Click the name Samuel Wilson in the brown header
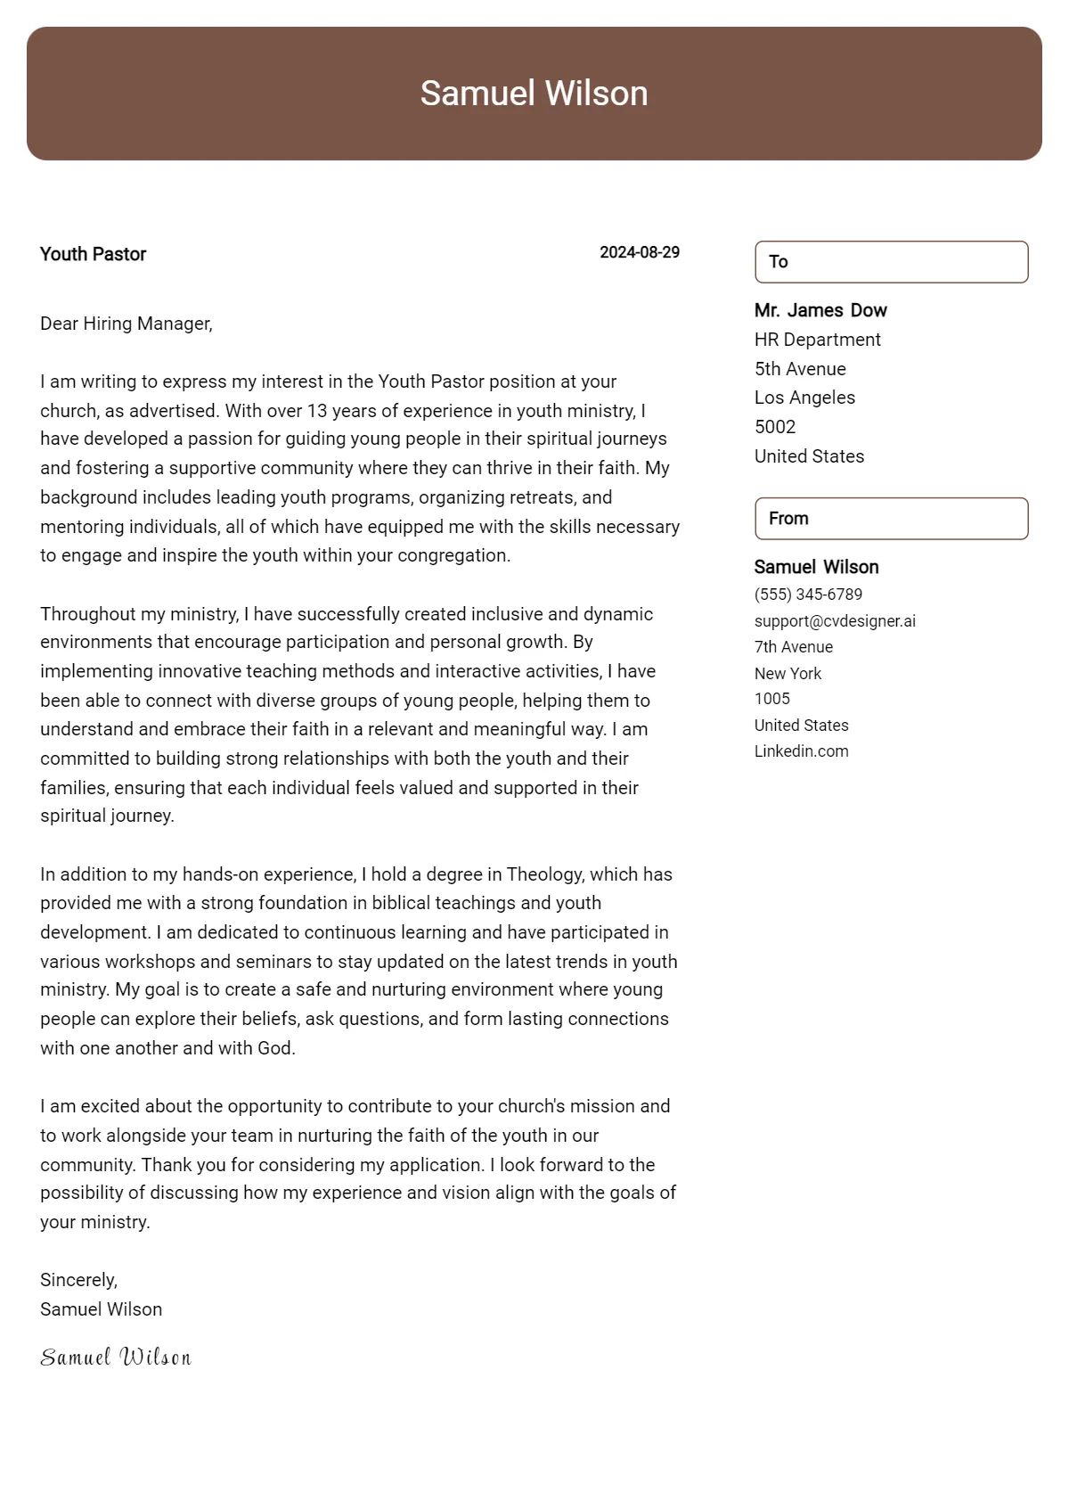[534, 94]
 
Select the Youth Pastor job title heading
[93, 254]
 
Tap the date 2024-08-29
[639, 252]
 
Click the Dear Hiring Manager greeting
[126, 324]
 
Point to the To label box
[891, 262]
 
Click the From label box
[891, 519]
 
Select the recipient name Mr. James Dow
[820, 310]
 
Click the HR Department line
[817, 340]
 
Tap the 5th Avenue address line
[799, 369]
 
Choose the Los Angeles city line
[804, 398]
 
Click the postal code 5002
[774, 427]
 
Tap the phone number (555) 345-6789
[807, 595]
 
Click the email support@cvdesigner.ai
[834, 621]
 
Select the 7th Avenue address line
[793, 647]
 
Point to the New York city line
[787, 674]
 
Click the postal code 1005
[771, 699]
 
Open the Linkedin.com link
[801, 751]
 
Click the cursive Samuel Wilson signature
[116, 1357]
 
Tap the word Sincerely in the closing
[78, 1280]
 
